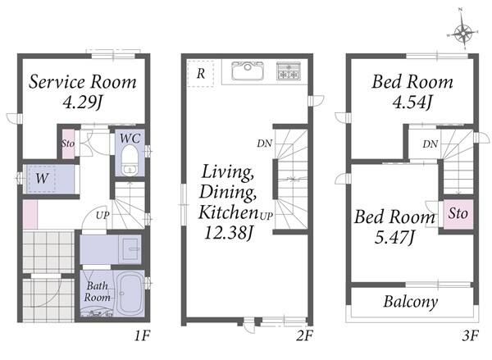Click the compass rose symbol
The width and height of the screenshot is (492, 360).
pyautogui.click(x=463, y=31)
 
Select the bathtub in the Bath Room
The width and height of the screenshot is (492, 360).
pyautogui.click(x=130, y=293)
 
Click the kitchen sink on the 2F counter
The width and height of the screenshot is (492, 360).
pyautogui.click(x=248, y=71)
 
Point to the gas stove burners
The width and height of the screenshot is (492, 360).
pyautogui.click(x=289, y=71)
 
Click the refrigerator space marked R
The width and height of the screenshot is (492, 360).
pyautogui.click(x=201, y=74)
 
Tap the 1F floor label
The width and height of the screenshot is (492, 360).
pyautogui.click(x=143, y=336)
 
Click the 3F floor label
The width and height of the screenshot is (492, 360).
pyautogui.click(x=470, y=336)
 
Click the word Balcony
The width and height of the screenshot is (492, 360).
pyautogui.click(x=411, y=302)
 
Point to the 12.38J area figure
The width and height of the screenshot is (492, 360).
pyautogui.click(x=228, y=233)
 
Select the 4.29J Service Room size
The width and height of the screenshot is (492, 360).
pyautogui.click(x=83, y=102)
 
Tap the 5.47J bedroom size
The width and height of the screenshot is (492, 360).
pyautogui.click(x=394, y=237)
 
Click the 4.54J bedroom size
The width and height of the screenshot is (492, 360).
pyautogui.click(x=412, y=102)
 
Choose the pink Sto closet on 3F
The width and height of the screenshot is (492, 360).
pyautogui.click(x=458, y=214)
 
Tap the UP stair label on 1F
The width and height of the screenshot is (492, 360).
pyautogui.click(x=102, y=216)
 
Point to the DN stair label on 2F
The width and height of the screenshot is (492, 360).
pyautogui.click(x=265, y=144)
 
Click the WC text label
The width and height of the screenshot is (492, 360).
pyautogui.click(x=130, y=138)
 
